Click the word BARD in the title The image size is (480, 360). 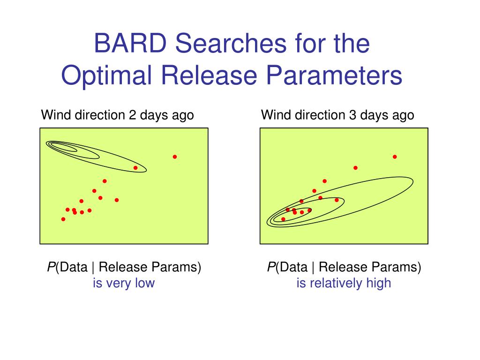pos(130,43)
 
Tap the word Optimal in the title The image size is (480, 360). pos(106,76)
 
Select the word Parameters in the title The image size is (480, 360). pos(334,75)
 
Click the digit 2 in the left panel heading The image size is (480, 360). pos(132,115)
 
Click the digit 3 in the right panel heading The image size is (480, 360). pos(352,115)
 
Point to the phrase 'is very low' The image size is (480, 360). pos(124,283)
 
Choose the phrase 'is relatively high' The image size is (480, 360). pos(344,283)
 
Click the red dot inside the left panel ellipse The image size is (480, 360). pos(135,168)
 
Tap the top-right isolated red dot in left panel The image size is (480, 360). pos(175,157)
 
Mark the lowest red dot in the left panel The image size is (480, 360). pos(63,219)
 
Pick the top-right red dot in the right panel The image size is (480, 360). pos(395,157)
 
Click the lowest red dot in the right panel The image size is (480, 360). pos(283,219)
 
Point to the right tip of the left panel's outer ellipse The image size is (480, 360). pos(147,170)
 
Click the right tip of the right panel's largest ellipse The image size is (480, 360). pos(413,182)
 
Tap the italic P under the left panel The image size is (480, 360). pos(51,267)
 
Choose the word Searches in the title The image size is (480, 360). pos(231,43)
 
